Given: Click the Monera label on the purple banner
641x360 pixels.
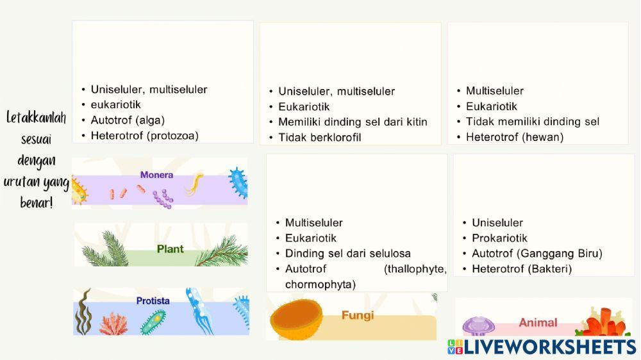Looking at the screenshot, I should tap(156, 175).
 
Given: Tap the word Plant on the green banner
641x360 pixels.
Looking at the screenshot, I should tap(170, 249).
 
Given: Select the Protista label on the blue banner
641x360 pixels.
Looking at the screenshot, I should tap(153, 300).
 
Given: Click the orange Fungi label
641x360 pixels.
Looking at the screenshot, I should tap(358, 315).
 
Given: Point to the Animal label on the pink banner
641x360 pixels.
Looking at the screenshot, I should tap(538, 323).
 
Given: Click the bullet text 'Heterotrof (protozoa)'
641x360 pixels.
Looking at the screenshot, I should tap(144, 135).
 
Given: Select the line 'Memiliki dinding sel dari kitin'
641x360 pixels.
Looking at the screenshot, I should tap(352, 122).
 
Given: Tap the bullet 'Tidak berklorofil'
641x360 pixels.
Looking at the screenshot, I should tap(319, 137).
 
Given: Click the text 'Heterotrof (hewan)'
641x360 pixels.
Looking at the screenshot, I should tap(514, 136).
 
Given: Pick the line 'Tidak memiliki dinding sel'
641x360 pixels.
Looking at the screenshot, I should tap(532, 121).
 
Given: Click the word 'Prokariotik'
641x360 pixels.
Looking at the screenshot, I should tap(499, 238).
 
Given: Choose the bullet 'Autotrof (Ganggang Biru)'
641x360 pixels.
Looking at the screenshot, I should tap(537, 253).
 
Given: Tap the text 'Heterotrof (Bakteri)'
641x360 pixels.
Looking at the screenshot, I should tap(521, 268).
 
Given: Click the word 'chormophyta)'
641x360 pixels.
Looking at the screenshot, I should tap(320, 284).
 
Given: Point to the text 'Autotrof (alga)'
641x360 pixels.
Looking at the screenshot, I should tap(128, 120).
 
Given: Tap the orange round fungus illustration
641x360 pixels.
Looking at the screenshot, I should tap(296, 319).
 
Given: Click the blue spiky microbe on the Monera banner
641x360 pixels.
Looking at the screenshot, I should tap(238, 182).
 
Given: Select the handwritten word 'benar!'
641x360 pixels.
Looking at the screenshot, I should tap(37, 202).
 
